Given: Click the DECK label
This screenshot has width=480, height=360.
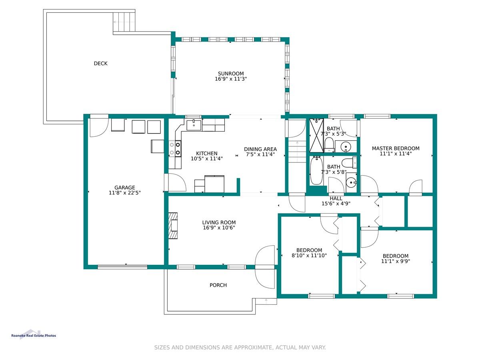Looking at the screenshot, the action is pyautogui.click(x=100, y=63).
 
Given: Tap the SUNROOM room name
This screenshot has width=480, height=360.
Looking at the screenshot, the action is pyautogui.click(x=230, y=74).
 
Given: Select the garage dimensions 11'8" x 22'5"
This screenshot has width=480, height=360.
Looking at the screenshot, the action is pyautogui.click(x=124, y=192).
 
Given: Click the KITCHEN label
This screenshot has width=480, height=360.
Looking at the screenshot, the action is pyautogui.click(x=206, y=153).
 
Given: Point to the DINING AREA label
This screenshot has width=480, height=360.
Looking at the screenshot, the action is pyautogui.click(x=260, y=149).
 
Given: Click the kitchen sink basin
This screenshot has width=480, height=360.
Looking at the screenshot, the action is pyautogui.click(x=194, y=125).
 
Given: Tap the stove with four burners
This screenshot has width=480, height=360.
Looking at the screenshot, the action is pyautogui.click(x=175, y=148).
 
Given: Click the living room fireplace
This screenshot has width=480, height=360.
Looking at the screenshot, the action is pyautogui.click(x=173, y=226).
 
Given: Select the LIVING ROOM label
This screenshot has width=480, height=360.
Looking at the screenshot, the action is pyautogui.click(x=219, y=222).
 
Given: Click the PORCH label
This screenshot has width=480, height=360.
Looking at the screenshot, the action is pyautogui.click(x=218, y=285).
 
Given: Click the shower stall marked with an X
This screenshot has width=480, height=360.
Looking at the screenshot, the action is pyautogui.click(x=316, y=135).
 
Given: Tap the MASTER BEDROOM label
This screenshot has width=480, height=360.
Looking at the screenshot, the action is pyautogui.click(x=395, y=148).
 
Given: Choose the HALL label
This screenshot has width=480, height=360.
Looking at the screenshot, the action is pyautogui.click(x=336, y=198).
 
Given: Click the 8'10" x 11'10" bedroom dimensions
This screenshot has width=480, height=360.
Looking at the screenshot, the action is pyautogui.click(x=309, y=255).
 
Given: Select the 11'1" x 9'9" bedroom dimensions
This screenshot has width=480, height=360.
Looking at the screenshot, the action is pyautogui.click(x=395, y=261).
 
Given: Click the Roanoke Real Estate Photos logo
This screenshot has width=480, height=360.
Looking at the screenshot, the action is pyautogui.click(x=34, y=335).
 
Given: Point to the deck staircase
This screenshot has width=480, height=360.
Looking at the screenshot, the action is pyautogui.click(x=124, y=22).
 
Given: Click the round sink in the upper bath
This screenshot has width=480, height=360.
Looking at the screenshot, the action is pyautogui.click(x=346, y=146).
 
